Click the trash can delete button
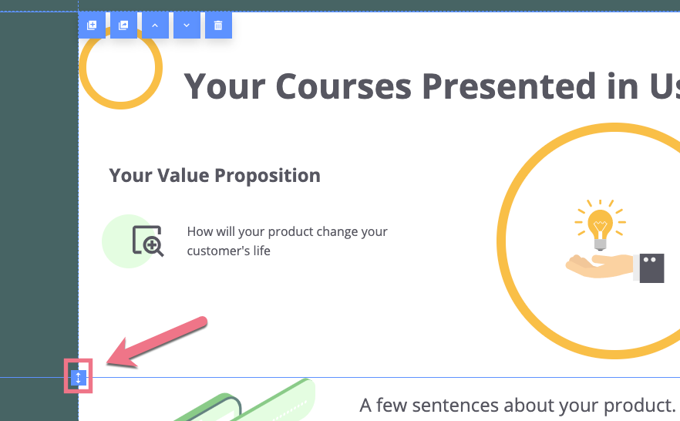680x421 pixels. coord(218,25)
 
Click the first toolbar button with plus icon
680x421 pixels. coord(92,25)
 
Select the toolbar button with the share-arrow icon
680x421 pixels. coord(123,25)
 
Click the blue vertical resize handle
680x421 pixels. coord(79,378)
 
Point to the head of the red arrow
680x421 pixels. coord(108,363)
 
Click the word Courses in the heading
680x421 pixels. coord(344,86)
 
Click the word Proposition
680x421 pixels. coord(268,177)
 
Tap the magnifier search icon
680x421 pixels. coord(148,241)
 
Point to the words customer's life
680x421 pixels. coord(228,251)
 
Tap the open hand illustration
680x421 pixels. coord(599,265)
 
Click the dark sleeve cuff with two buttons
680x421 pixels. coord(651,268)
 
